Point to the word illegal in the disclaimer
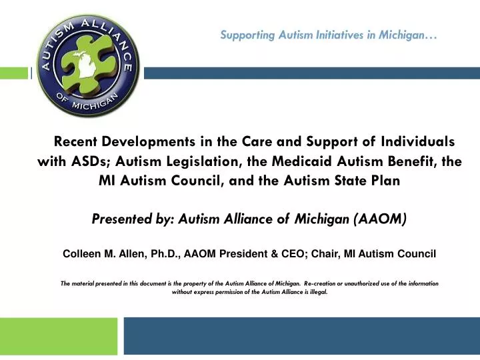317,292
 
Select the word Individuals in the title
417,142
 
